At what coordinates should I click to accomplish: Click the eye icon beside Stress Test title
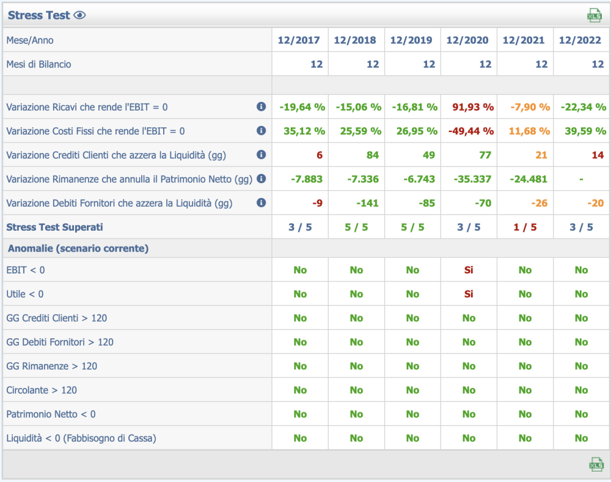(79, 15)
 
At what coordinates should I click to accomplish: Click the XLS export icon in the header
(594, 15)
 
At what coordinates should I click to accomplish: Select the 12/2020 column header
(467, 40)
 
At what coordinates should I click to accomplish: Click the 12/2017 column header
(299, 40)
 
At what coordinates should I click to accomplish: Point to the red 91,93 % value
(473, 107)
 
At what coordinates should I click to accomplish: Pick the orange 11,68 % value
(529, 131)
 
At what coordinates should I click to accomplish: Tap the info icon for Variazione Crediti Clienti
(262, 155)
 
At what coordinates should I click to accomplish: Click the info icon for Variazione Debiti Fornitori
(262, 202)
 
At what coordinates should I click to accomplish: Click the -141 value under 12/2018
(367, 203)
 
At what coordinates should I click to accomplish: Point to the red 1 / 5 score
(525, 227)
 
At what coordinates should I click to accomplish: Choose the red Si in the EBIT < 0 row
(469, 270)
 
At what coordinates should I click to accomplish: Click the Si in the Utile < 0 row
(469, 294)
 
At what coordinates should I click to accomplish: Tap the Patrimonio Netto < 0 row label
(51, 414)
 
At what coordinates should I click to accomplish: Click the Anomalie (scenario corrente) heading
(78, 248)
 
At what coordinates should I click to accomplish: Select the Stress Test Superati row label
(54, 227)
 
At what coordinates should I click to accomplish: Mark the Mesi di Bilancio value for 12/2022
(597, 64)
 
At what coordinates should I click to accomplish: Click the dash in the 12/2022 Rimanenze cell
(581, 179)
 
